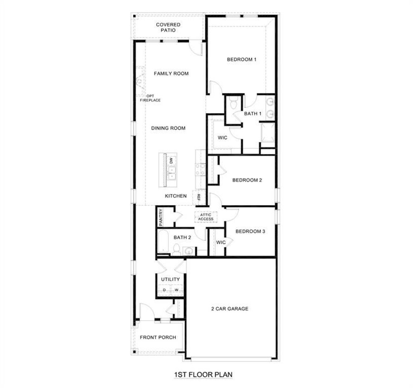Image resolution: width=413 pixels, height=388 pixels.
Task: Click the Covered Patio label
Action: coord(168,27)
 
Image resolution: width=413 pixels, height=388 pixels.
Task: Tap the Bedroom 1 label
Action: coord(242,59)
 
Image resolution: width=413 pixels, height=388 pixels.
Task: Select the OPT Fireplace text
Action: coord(150,98)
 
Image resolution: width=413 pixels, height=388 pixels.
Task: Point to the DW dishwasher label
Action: coord(171,160)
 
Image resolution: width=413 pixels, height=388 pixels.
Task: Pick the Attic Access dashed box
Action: coord(206,217)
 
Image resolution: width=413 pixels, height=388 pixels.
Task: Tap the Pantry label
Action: coord(161,217)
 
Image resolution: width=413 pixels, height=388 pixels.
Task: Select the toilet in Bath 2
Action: coord(176,250)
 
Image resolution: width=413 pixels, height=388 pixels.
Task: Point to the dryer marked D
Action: coord(164,290)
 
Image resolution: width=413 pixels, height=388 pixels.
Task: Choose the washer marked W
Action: coord(176,290)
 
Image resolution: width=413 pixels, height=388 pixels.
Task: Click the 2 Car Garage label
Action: coord(230,308)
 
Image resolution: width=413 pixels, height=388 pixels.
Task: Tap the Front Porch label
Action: coord(158,337)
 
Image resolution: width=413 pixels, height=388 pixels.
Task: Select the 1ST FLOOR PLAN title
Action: coord(203,374)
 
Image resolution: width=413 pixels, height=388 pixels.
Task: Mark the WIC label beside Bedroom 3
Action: coord(221,242)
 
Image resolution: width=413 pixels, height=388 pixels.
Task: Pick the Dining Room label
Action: coord(168,128)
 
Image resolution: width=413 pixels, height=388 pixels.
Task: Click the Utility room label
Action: coord(170,279)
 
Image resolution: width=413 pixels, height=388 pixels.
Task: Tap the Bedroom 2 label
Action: coord(247,180)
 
